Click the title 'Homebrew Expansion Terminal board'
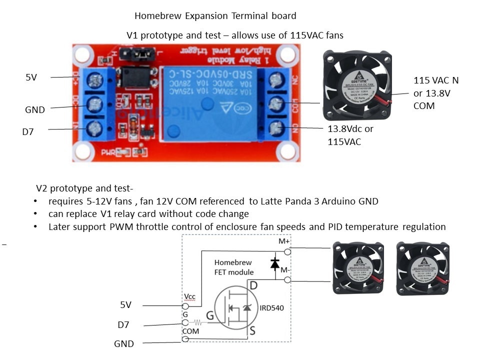click(215, 15)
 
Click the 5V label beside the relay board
click(31, 77)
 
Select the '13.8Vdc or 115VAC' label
click(350, 135)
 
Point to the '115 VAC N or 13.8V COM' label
click(435, 93)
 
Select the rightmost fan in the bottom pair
click(422, 269)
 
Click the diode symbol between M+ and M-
click(274, 263)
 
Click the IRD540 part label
click(271, 308)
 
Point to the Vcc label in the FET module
click(189, 296)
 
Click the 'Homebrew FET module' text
click(234, 267)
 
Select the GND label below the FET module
click(123, 343)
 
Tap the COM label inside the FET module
click(190, 331)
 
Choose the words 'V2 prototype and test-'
click(84, 189)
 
